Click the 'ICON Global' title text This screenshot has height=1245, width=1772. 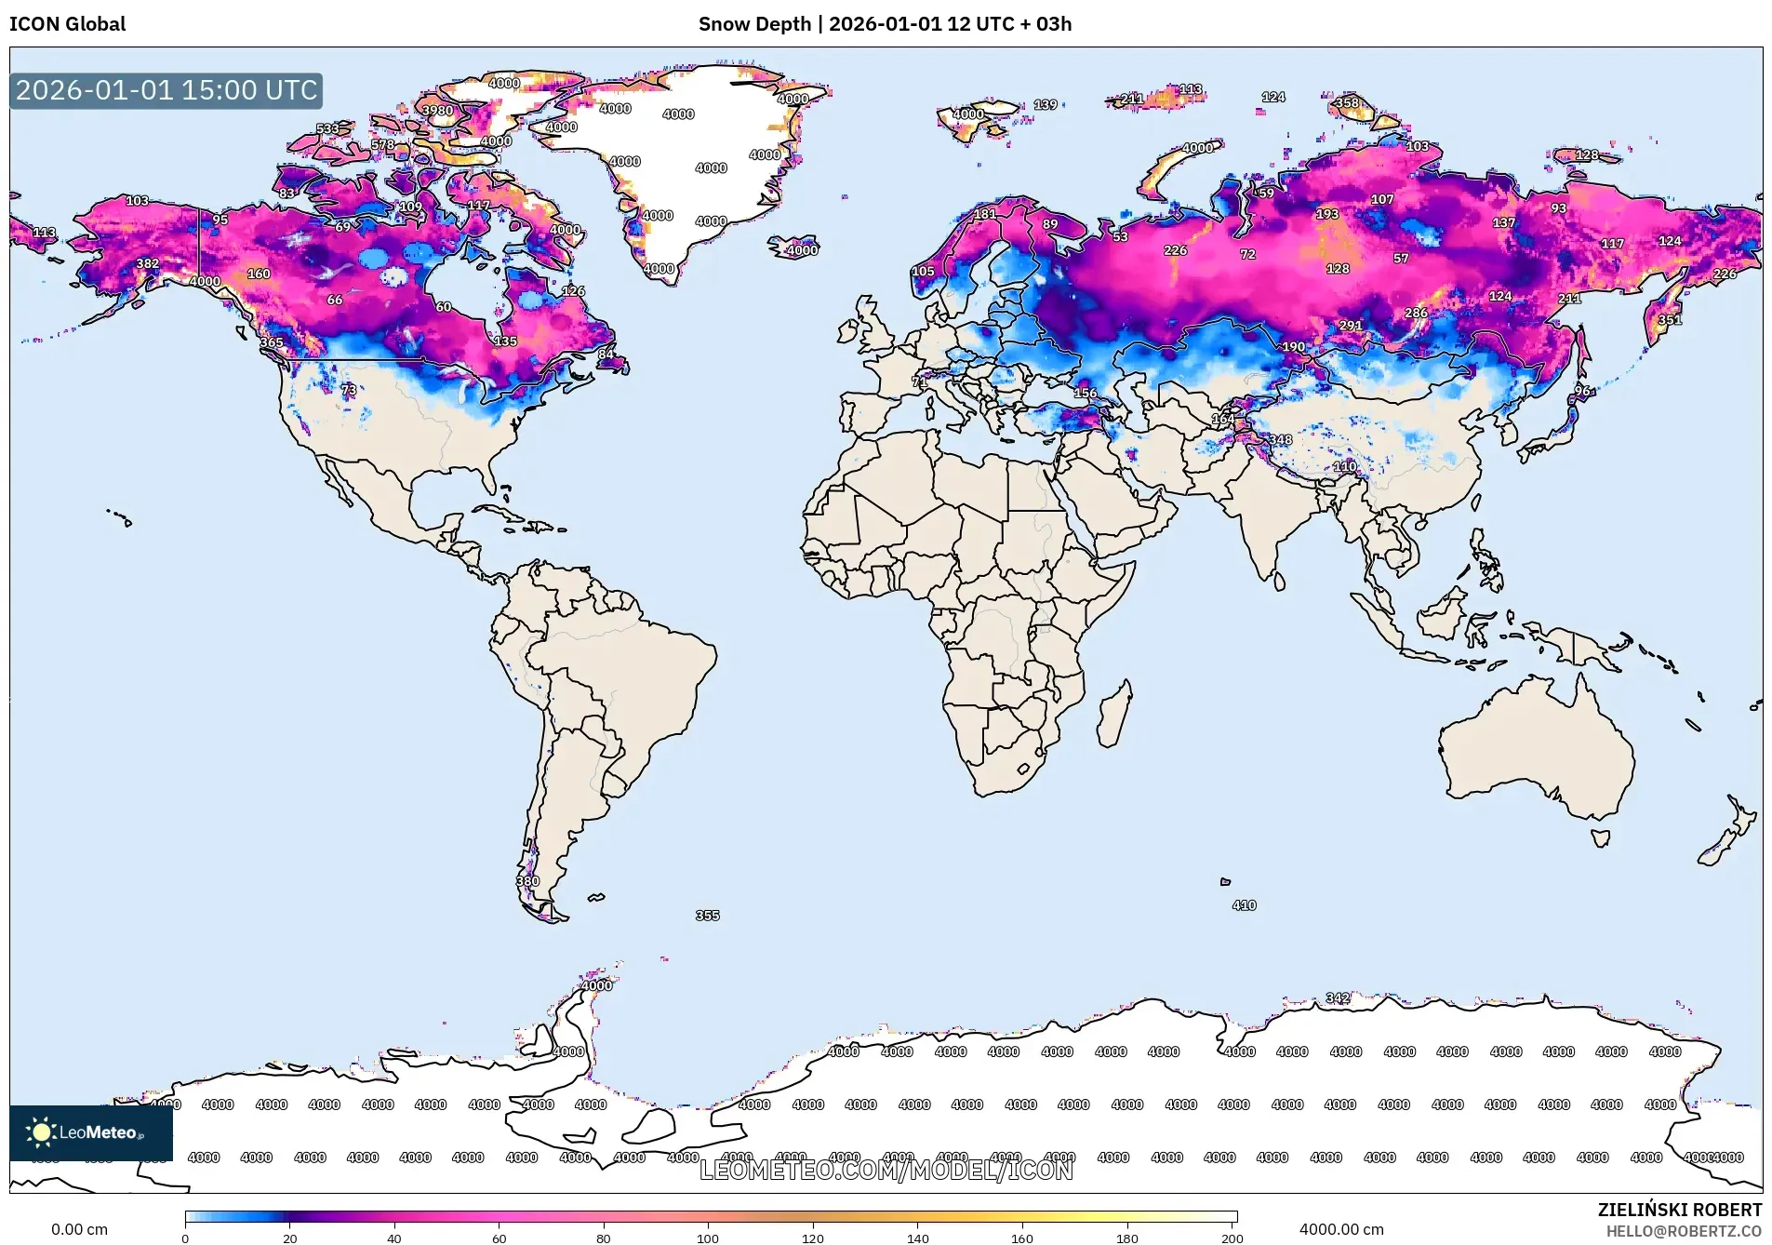[x=67, y=24]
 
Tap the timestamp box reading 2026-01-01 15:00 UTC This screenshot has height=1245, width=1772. [x=167, y=90]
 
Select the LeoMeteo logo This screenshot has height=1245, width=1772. [x=90, y=1132]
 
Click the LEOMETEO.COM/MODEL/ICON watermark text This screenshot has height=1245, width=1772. [x=886, y=1170]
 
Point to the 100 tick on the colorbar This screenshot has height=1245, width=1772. [x=708, y=1238]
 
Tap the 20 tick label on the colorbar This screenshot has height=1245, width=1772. [x=290, y=1238]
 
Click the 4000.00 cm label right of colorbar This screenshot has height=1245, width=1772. [x=1341, y=1229]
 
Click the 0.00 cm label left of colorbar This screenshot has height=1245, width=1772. [x=79, y=1229]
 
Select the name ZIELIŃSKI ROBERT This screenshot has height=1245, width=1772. [x=1679, y=1210]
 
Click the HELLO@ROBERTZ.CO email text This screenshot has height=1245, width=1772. [x=1684, y=1231]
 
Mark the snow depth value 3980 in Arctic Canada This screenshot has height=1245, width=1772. [x=437, y=110]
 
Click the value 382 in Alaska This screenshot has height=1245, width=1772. [x=147, y=263]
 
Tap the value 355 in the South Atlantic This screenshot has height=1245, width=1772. [x=707, y=916]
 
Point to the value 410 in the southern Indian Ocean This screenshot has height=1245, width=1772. [x=1244, y=905]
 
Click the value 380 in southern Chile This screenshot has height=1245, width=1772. [x=527, y=881]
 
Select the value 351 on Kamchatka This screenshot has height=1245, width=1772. [x=1670, y=320]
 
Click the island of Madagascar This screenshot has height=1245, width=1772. [x=1114, y=715]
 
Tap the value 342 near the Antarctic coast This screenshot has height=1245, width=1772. [x=1338, y=997]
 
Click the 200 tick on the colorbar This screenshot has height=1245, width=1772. [x=1232, y=1238]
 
